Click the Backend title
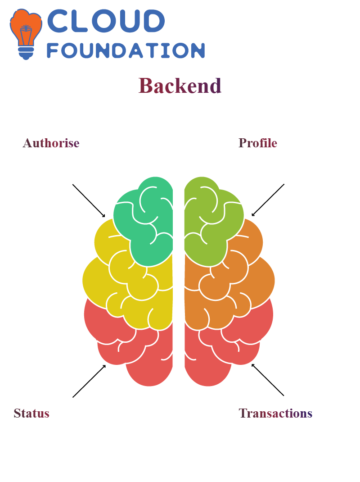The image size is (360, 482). tap(180, 86)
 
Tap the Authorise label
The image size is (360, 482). tap(51, 143)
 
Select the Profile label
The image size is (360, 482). tap(258, 143)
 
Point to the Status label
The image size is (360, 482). tap(31, 413)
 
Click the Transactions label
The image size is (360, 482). tap(275, 413)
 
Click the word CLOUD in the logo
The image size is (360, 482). tap(106, 21)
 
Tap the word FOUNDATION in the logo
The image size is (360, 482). tap(126, 50)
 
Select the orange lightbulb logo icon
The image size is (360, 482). tap(26, 34)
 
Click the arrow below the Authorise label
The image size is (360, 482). tap(89, 201)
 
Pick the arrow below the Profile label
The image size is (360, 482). tap(268, 200)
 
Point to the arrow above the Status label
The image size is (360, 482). tap(89, 381)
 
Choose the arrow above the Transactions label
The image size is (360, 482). tap(268, 380)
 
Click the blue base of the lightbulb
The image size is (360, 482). tap(26, 53)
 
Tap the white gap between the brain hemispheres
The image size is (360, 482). tap(179, 277)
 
